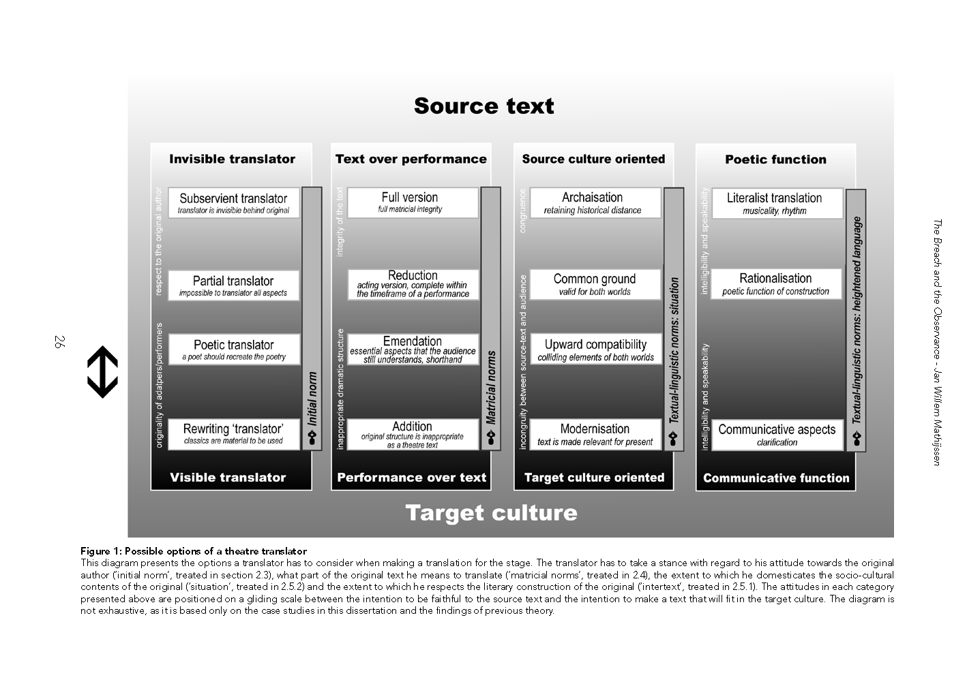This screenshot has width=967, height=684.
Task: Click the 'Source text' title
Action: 484,106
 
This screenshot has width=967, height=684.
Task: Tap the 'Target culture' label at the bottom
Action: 491,513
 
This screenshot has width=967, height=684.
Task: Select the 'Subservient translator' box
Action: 233,203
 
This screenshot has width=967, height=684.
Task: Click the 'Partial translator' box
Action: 233,285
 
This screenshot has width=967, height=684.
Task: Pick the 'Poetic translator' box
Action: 234,349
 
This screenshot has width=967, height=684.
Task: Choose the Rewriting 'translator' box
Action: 233,434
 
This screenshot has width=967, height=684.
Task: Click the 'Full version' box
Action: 413,202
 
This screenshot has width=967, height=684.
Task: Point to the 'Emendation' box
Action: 413,349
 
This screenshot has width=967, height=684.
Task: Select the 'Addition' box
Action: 413,434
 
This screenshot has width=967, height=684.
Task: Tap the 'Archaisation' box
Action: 595,202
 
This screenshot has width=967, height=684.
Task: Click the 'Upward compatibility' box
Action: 596,349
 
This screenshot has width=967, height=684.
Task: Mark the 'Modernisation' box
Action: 595,434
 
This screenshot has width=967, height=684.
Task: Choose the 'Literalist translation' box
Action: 777,203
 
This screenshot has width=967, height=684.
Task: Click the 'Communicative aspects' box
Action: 777,435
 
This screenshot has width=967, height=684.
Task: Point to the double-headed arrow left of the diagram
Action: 103,372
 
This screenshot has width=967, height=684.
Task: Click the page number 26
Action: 59,341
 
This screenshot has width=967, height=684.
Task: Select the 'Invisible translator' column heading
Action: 233,159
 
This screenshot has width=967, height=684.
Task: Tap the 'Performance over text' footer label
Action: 411,478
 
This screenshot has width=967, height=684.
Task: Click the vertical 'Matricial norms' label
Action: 491,387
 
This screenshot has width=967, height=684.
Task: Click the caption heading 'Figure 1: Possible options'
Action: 194,551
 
